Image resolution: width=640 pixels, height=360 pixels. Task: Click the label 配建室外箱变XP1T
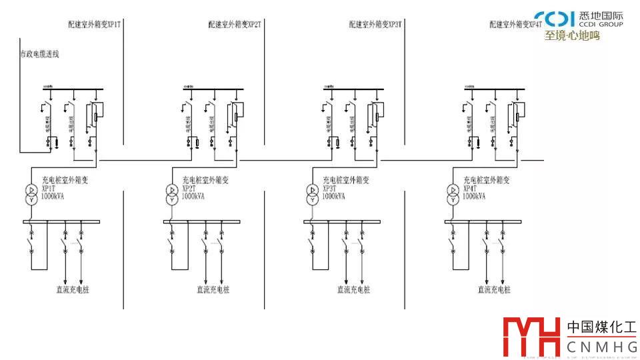pyautogui.click(x=94, y=25)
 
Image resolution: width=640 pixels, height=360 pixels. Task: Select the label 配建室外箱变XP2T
pyautogui.click(x=235, y=25)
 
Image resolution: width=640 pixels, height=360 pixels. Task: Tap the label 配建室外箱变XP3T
pyautogui.click(x=375, y=25)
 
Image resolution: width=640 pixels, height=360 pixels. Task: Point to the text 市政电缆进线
pyautogui.click(x=39, y=54)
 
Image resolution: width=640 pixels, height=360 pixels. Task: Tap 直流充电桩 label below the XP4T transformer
pyautogui.click(x=494, y=290)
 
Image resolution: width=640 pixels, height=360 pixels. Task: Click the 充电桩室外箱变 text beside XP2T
pyautogui.click(x=205, y=180)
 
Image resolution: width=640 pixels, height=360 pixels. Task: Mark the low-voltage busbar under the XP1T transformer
pyautogui.click(x=61, y=221)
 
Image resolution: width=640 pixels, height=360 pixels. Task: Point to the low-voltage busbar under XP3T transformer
pyautogui.click(x=342, y=221)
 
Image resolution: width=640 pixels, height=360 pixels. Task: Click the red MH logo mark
pyautogui.click(x=531, y=337)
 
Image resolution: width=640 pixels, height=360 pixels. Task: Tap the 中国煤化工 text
pyautogui.click(x=602, y=327)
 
